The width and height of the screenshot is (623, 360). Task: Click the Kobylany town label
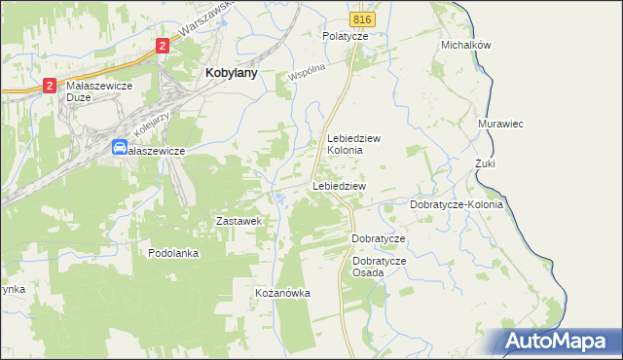click(x=230, y=71)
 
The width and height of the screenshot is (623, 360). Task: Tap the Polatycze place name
click(x=346, y=36)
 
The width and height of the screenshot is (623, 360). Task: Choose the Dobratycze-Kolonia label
click(x=457, y=205)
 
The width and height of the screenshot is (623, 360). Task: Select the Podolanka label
click(x=173, y=253)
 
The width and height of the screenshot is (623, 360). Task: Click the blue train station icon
click(x=120, y=148)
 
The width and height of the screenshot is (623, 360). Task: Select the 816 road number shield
click(x=363, y=19)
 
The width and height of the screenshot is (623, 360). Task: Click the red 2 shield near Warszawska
click(x=162, y=45)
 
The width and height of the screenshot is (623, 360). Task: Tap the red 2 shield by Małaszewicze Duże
click(x=49, y=86)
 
